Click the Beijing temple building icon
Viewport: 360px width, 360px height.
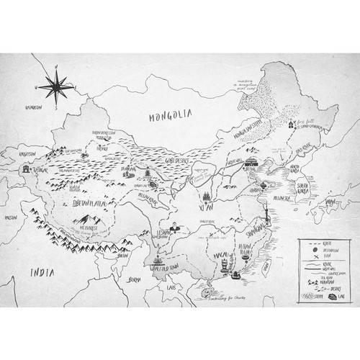[252, 162]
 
